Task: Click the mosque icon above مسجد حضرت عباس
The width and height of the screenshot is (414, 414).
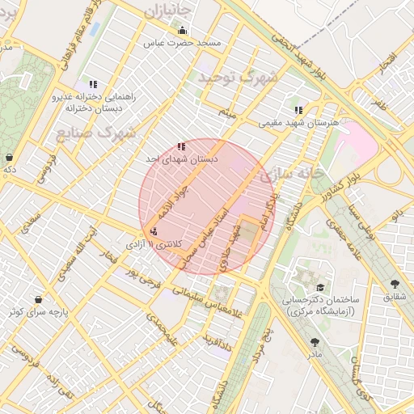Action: pos(181,31)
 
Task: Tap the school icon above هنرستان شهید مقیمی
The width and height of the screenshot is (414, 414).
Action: pos(298,110)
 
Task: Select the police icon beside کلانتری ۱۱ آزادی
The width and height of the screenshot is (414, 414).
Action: pos(154,232)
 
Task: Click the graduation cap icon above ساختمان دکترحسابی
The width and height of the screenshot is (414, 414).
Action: pos(320,287)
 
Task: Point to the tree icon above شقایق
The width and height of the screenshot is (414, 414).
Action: pos(395,284)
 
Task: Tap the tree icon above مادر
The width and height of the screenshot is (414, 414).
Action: pos(314,342)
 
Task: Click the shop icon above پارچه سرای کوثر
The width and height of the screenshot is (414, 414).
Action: pos(38,297)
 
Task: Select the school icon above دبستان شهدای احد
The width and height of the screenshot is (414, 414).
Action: pos(181,146)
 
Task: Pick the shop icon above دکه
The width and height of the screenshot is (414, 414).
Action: pos(9,157)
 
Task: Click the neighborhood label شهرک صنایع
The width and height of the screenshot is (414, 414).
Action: pos(89,133)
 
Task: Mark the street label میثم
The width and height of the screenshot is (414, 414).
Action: pos(227,113)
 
